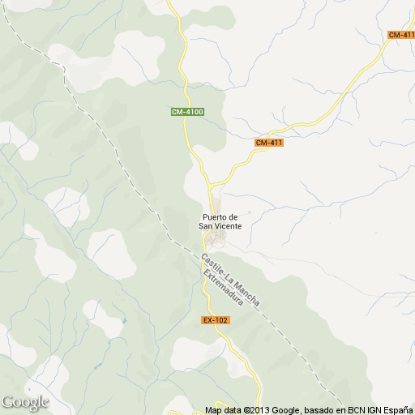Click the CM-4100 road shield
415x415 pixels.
pyautogui.click(x=186, y=111)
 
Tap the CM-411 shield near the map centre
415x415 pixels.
pyautogui.click(x=268, y=143)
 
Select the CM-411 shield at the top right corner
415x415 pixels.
pyautogui.click(x=401, y=34)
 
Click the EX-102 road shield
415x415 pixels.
pyautogui.click(x=216, y=320)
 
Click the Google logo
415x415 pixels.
pyautogui.click(x=25, y=402)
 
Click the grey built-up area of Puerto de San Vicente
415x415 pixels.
pyautogui.click(x=216, y=241)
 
